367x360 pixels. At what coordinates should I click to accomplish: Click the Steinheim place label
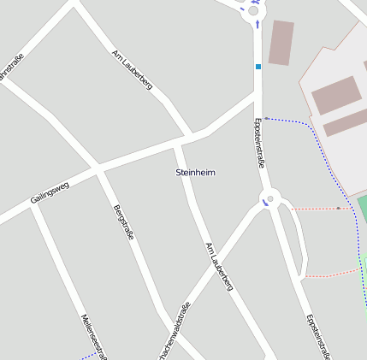click(x=195, y=173)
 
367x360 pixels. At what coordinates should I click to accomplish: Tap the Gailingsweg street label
click(x=50, y=191)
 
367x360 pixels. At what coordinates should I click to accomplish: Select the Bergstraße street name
click(x=123, y=222)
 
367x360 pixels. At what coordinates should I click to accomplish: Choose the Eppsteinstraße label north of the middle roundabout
click(x=260, y=143)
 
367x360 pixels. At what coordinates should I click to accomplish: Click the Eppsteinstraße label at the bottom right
click(x=318, y=336)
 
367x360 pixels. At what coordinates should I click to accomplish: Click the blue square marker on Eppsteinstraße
click(x=257, y=66)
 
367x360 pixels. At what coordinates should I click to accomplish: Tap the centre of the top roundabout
click(x=253, y=11)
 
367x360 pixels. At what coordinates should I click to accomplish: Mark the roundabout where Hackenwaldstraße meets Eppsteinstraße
click(x=270, y=198)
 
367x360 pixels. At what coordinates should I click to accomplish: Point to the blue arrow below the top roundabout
click(x=257, y=25)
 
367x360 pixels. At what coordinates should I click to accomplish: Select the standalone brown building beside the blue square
click(x=281, y=43)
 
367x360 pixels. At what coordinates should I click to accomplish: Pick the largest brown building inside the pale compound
click(x=334, y=95)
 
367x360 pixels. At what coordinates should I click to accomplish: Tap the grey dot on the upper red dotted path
click(x=339, y=208)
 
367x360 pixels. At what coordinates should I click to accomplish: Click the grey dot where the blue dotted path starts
click(x=266, y=118)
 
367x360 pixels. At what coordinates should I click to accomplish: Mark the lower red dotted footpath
click(x=329, y=274)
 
